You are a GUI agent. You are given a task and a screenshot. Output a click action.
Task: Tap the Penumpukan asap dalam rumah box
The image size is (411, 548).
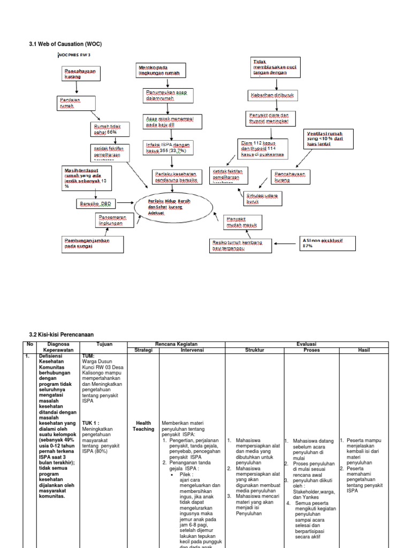[x=166, y=95]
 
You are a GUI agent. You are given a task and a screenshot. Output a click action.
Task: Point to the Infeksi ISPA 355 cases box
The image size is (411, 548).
[x=167, y=148]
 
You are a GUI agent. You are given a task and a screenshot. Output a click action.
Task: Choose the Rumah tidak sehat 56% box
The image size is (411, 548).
[x=106, y=129]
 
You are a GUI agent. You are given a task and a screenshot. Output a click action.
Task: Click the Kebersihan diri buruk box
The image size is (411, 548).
[x=272, y=95]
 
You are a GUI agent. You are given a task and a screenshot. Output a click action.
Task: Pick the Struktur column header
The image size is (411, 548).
[x=254, y=350]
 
